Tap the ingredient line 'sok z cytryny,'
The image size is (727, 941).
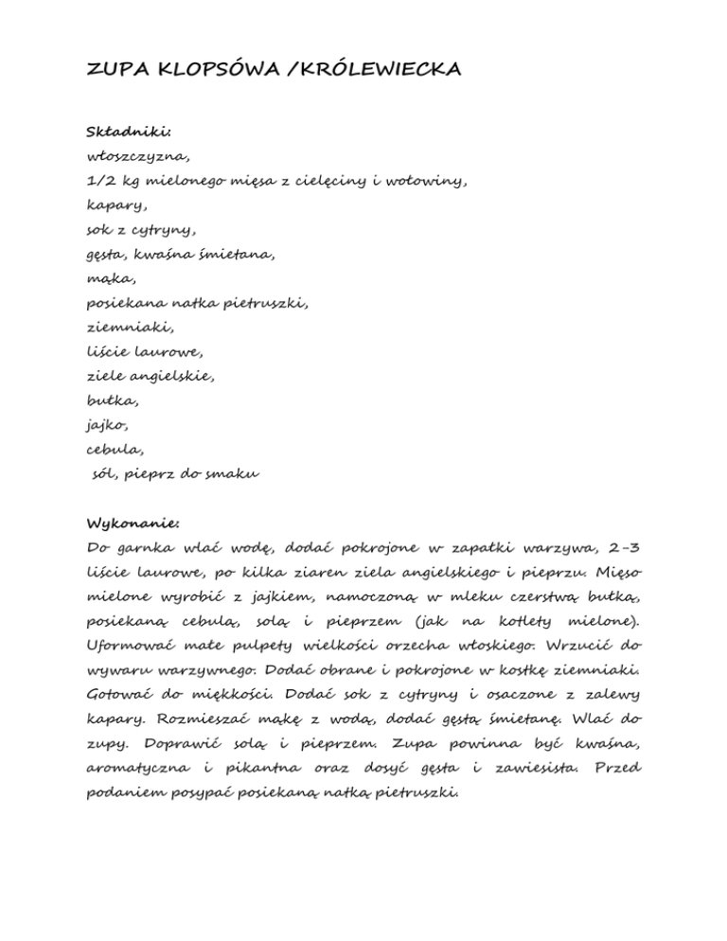click(x=140, y=229)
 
